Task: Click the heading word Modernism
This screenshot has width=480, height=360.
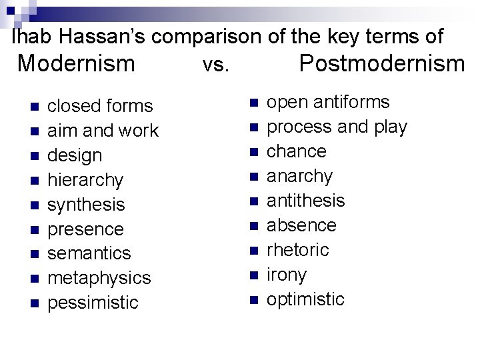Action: coord(76,63)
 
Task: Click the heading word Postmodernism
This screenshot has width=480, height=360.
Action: coord(381,63)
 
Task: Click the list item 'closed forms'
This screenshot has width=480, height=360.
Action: coord(101,106)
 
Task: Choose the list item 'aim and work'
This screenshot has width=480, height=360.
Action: coord(103,131)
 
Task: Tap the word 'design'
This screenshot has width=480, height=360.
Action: coord(75,155)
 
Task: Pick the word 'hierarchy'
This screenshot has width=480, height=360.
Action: coord(86,180)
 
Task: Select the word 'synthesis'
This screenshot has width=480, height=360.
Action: coord(87,205)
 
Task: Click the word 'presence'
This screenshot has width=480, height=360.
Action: coord(86,229)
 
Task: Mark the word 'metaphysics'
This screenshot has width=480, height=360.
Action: coord(100,278)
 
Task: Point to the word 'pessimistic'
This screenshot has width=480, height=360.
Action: coord(93,303)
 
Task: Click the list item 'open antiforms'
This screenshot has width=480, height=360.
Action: coord(328,102)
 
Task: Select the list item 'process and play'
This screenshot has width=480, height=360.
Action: coord(337,127)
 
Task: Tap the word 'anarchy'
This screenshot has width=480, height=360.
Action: coord(299,176)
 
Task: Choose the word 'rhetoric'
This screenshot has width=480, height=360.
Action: coord(298,250)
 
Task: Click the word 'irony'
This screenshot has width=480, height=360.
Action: coord(287,275)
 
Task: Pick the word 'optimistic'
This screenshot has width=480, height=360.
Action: coord(305,299)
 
